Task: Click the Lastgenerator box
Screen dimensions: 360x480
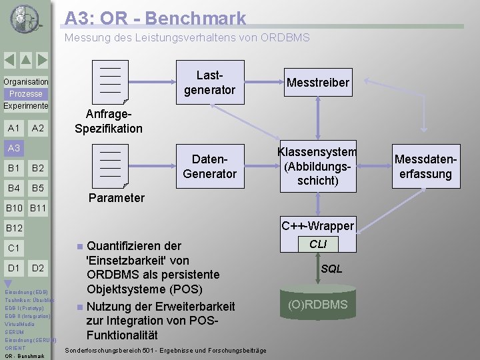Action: point(209,82)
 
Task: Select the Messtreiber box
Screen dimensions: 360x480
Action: point(317,82)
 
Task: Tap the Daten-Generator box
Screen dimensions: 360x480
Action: point(209,166)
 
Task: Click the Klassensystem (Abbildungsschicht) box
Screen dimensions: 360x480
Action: point(317,166)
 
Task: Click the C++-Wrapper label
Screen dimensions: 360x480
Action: point(317,225)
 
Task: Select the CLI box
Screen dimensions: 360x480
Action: point(318,244)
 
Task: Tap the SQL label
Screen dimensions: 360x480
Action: point(331,269)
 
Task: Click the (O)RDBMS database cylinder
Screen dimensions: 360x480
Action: point(317,305)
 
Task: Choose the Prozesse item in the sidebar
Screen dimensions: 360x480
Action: point(25,94)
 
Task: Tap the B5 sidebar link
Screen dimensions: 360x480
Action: point(38,187)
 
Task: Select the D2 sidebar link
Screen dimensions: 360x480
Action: point(38,268)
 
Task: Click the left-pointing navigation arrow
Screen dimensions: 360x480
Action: point(9,61)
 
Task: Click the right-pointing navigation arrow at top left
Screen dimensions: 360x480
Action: point(41,61)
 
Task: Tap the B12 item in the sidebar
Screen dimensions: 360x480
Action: point(14,229)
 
